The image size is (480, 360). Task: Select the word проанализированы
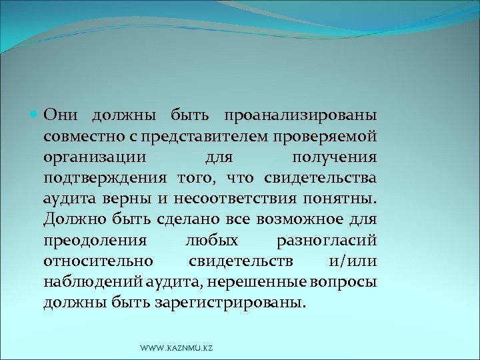[300, 114]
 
